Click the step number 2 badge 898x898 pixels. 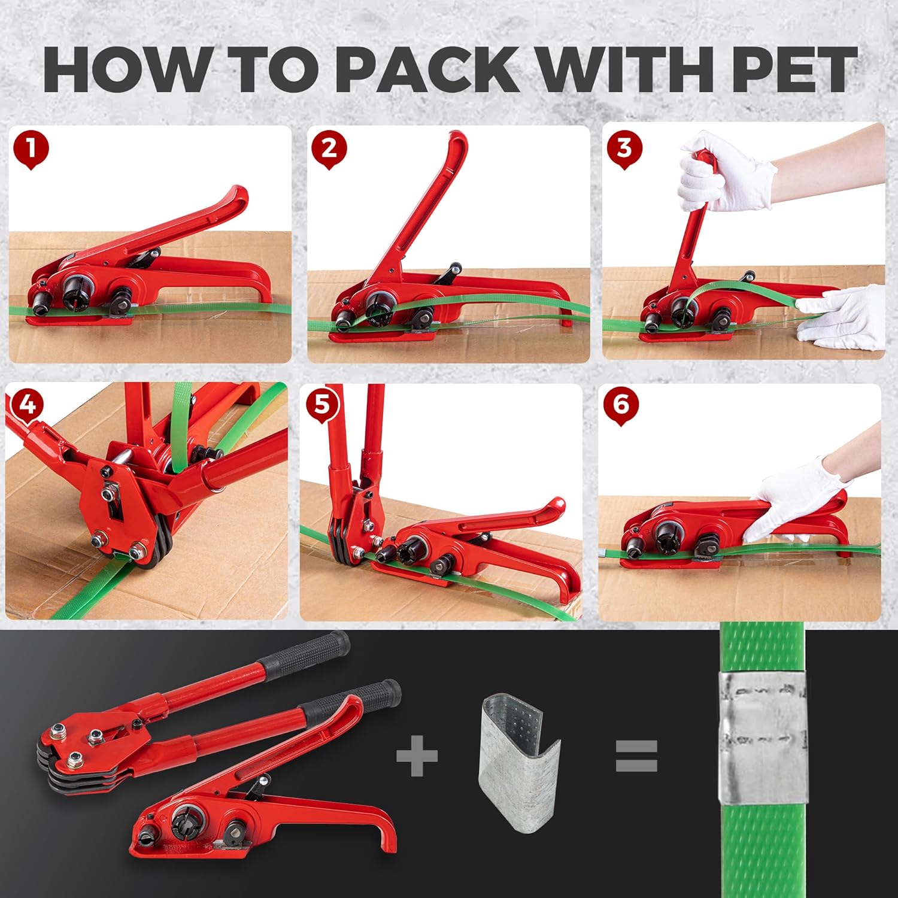[329, 149]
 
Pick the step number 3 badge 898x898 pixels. [623, 148]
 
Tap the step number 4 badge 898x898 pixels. [27, 405]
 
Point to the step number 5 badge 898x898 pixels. [322, 405]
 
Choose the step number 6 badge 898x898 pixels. [621, 405]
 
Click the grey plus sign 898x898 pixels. [417, 756]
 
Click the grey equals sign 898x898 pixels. [636, 756]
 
